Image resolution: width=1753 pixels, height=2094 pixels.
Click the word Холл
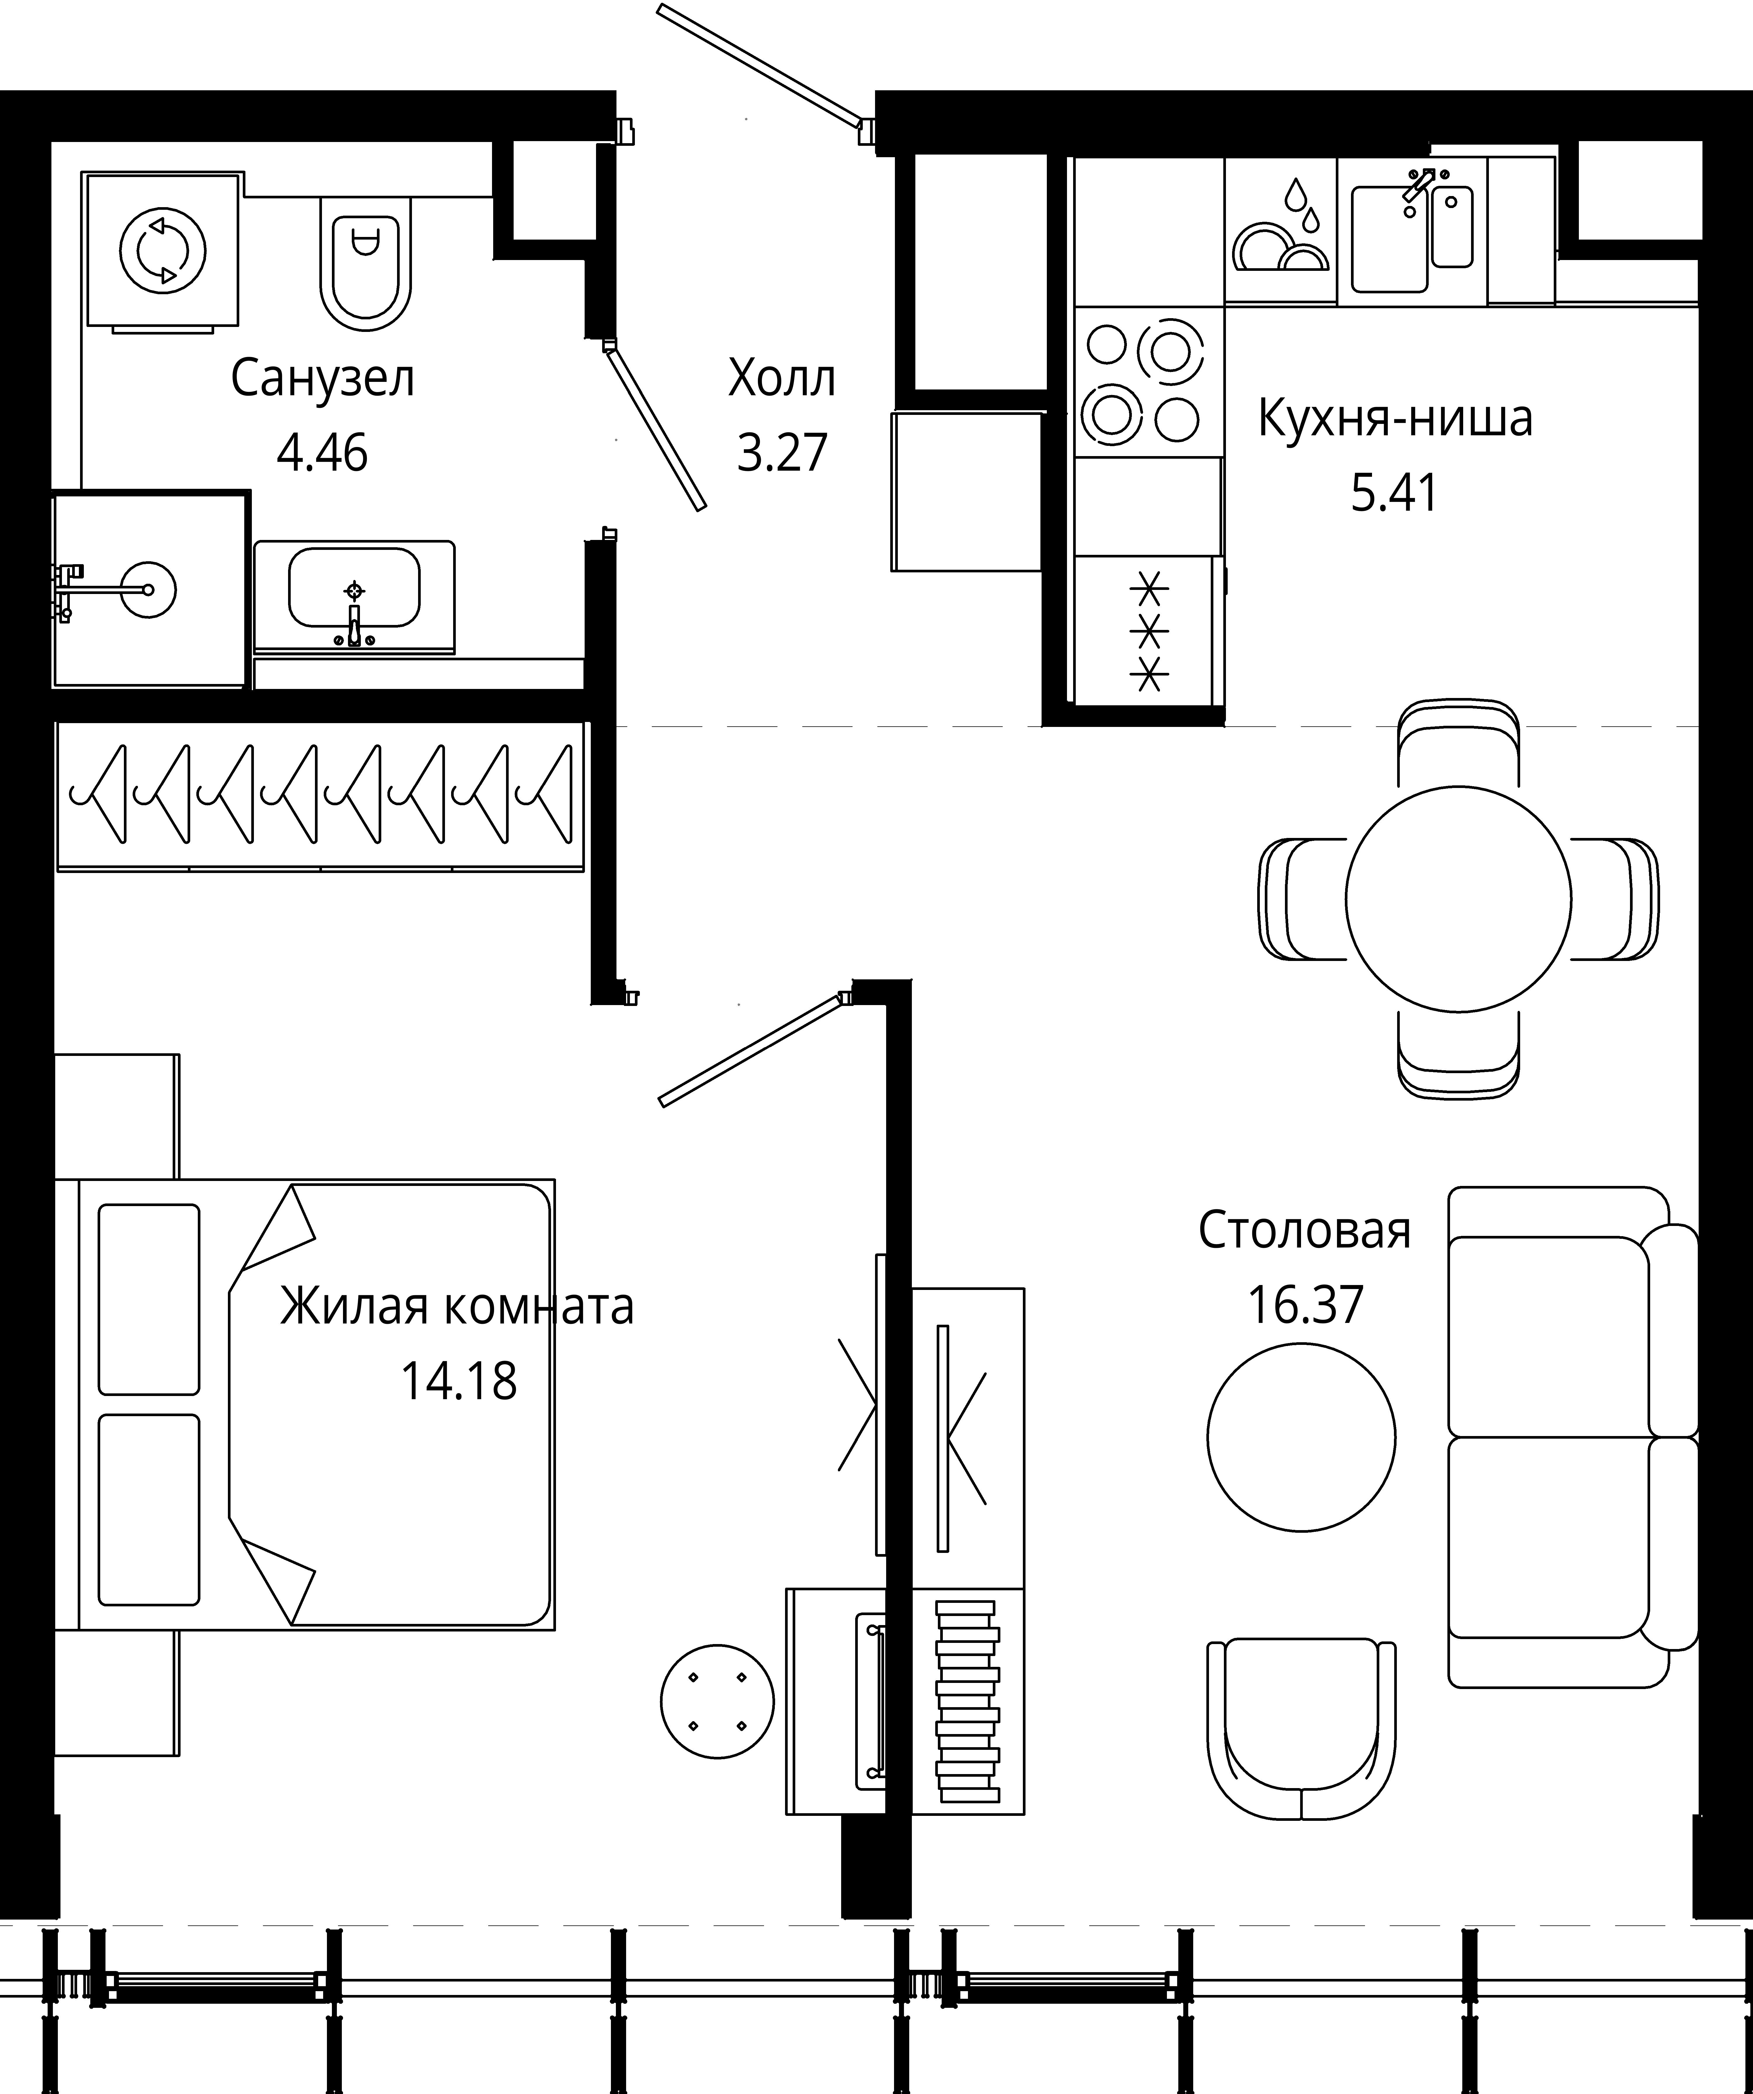pyautogui.click(x=782, y=379)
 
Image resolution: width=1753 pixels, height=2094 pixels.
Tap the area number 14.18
pyautogui.click(x=459, y=1381)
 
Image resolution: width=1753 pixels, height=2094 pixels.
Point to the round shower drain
pyautogui.click(x=148, y=588)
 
